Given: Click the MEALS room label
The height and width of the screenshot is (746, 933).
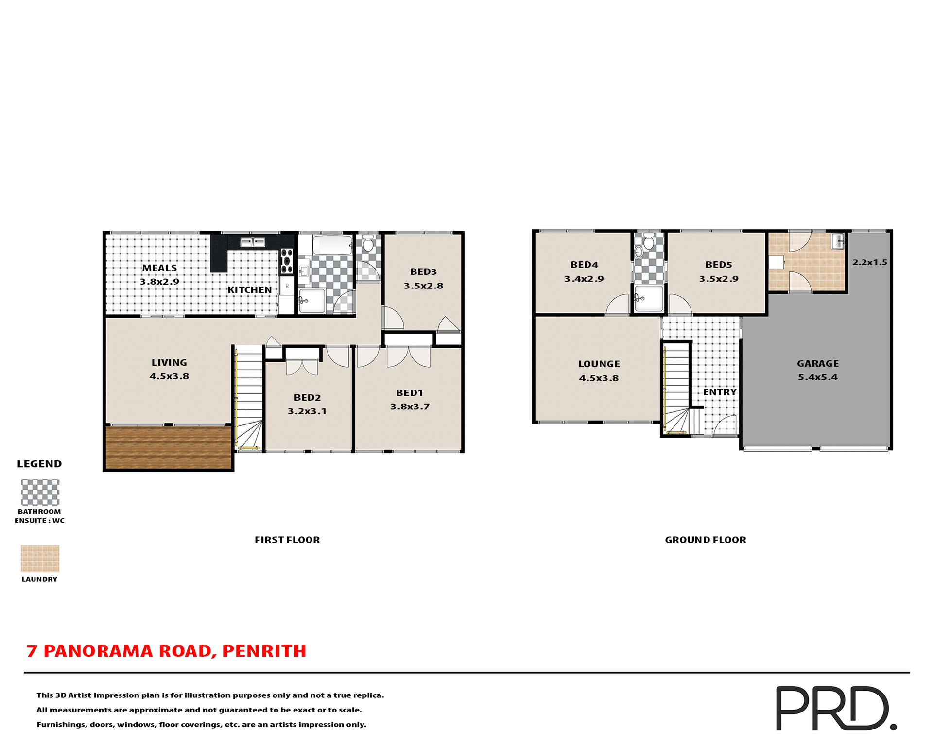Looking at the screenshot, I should point(159,268).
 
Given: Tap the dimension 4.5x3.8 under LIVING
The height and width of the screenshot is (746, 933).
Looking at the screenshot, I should point(169,376).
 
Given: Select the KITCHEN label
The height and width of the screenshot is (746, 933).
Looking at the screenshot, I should point(250,290).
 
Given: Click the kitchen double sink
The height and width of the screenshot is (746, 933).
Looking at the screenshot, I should point(253,242).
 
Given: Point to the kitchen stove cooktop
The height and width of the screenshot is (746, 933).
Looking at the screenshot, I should point(287,261).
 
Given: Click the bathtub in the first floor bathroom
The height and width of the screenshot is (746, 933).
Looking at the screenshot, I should point(332,245).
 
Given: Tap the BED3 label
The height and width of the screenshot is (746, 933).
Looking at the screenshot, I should point(423,272).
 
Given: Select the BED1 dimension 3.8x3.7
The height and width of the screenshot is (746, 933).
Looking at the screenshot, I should point(410,407).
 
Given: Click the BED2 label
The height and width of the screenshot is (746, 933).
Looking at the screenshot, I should point(307,398).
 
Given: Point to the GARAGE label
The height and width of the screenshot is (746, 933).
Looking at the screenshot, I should point(817,363).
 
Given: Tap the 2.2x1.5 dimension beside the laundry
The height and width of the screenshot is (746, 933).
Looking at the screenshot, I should point(869,262).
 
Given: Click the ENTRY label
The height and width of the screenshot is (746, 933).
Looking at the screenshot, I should point(719,392).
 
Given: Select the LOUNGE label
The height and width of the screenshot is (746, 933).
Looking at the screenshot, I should point(599,364).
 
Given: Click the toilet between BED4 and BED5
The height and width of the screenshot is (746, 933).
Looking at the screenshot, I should point(649,241).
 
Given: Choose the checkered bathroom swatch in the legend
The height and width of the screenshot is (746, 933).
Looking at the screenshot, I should point(40,492).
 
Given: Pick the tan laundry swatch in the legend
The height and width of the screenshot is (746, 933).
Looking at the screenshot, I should point(40,559).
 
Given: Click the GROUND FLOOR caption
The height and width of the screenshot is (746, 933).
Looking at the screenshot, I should point(705,540).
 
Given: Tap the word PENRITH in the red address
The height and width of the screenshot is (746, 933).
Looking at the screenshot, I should point(264,651).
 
